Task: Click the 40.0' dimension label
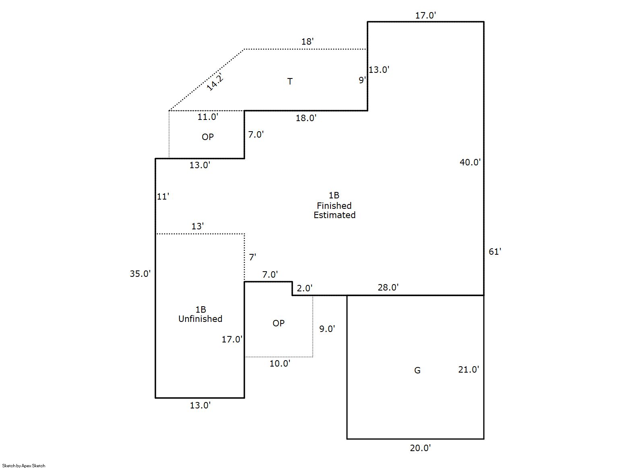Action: tap(470, 162)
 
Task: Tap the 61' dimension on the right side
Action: tap(495, 252)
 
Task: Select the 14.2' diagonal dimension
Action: tap(215, 83)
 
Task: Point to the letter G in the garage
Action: tap(417, 370)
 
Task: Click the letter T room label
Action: tap(290, 81)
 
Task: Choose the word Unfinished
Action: tap(200, 319)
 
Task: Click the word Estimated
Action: tap(334, 215)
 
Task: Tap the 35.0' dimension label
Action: tap(140, 274)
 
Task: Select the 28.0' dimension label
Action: tap(388, 287)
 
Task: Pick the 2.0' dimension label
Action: tap(304, 288)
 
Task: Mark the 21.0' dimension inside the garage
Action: tap(469, 369)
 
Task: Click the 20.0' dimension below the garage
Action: tap(420, 448)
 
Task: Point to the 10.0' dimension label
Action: tap(280, 363)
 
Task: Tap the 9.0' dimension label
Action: tap(327, 329)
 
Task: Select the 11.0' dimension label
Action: tap(208, 117)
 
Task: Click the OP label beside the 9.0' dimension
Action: tap(279, 323)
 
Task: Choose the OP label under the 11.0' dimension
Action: tap(208, 137)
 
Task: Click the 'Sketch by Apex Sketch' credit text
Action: tap(24, 466)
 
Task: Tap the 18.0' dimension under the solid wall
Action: tap(306, 118)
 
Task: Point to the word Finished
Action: tap(334, 206)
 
